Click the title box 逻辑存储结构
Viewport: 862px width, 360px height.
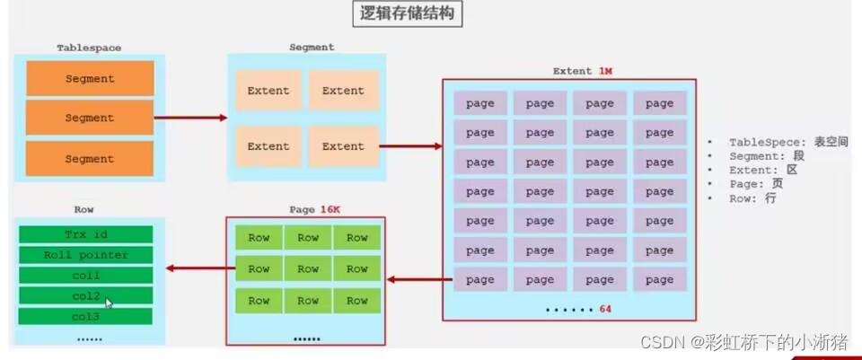[x=408, y=13]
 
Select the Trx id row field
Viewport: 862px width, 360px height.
[x=86, y=234]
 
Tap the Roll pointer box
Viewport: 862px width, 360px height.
[x=86, y=255]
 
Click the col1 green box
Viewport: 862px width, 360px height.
[x=86, y=276]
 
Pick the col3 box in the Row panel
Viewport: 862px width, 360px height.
[x=86, y=317]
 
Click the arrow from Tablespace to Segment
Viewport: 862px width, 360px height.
[x=190, y=118]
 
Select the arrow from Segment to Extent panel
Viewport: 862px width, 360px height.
[x=410, y=146]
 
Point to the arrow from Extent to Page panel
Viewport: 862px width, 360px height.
[x=419, y=280]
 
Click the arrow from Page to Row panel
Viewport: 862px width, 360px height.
[x=200, y=268]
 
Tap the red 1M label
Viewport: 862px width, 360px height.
[x=604, y=72]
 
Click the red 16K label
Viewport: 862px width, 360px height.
[x=330, y=209]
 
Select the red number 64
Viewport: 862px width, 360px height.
[x=605, y=309]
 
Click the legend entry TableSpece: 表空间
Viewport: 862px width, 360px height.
[x=788, y=143]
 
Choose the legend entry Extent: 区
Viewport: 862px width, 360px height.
[x=763, y=171]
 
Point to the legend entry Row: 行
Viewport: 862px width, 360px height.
[x=752, y=198]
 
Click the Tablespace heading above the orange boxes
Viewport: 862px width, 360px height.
[x=89, y=48]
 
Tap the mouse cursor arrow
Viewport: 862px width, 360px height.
[x=109, y=303]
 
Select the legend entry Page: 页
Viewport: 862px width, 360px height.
[x=756, y=184]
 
